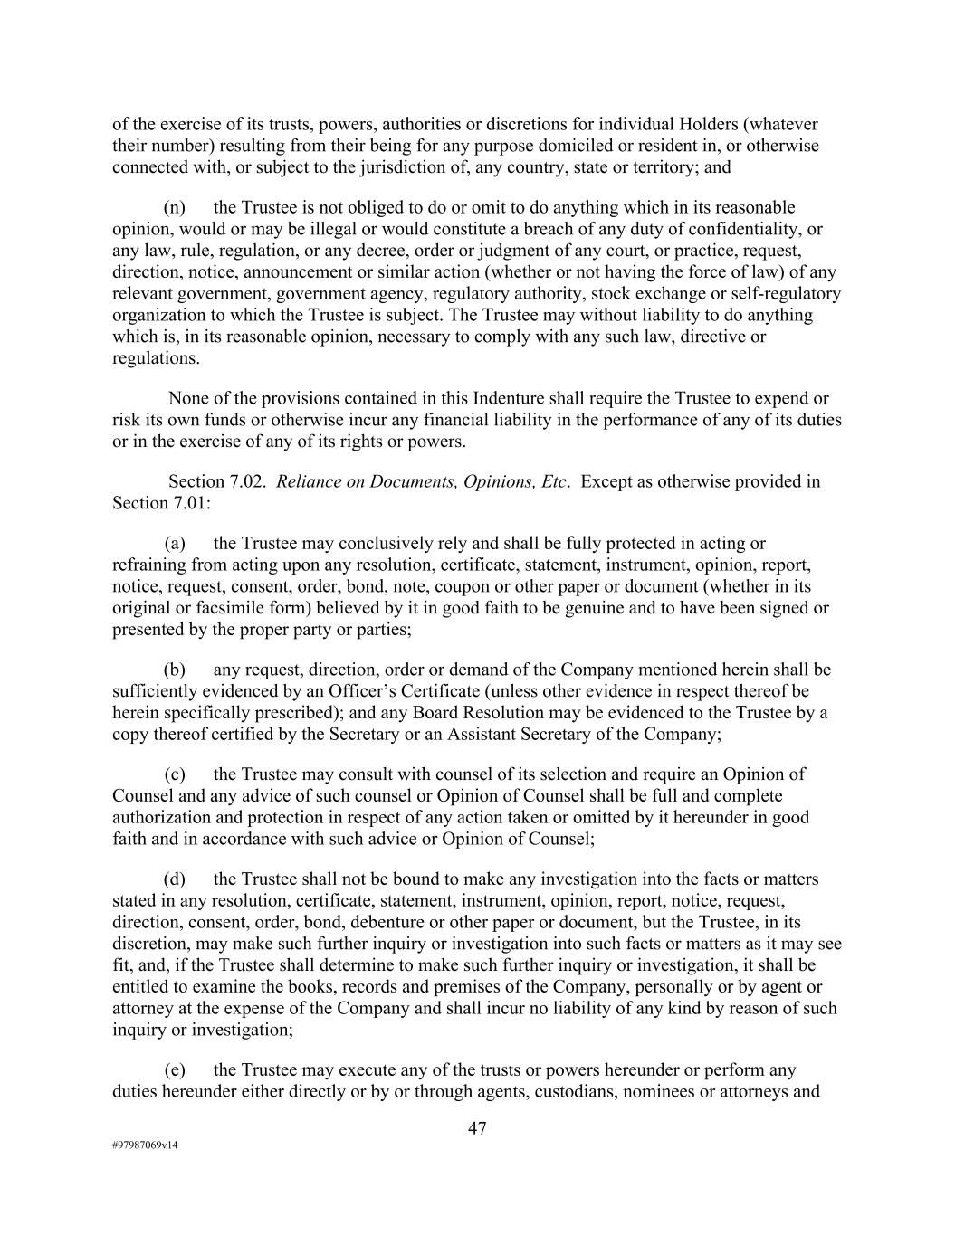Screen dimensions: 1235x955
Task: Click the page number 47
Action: tap(477, 1128)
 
